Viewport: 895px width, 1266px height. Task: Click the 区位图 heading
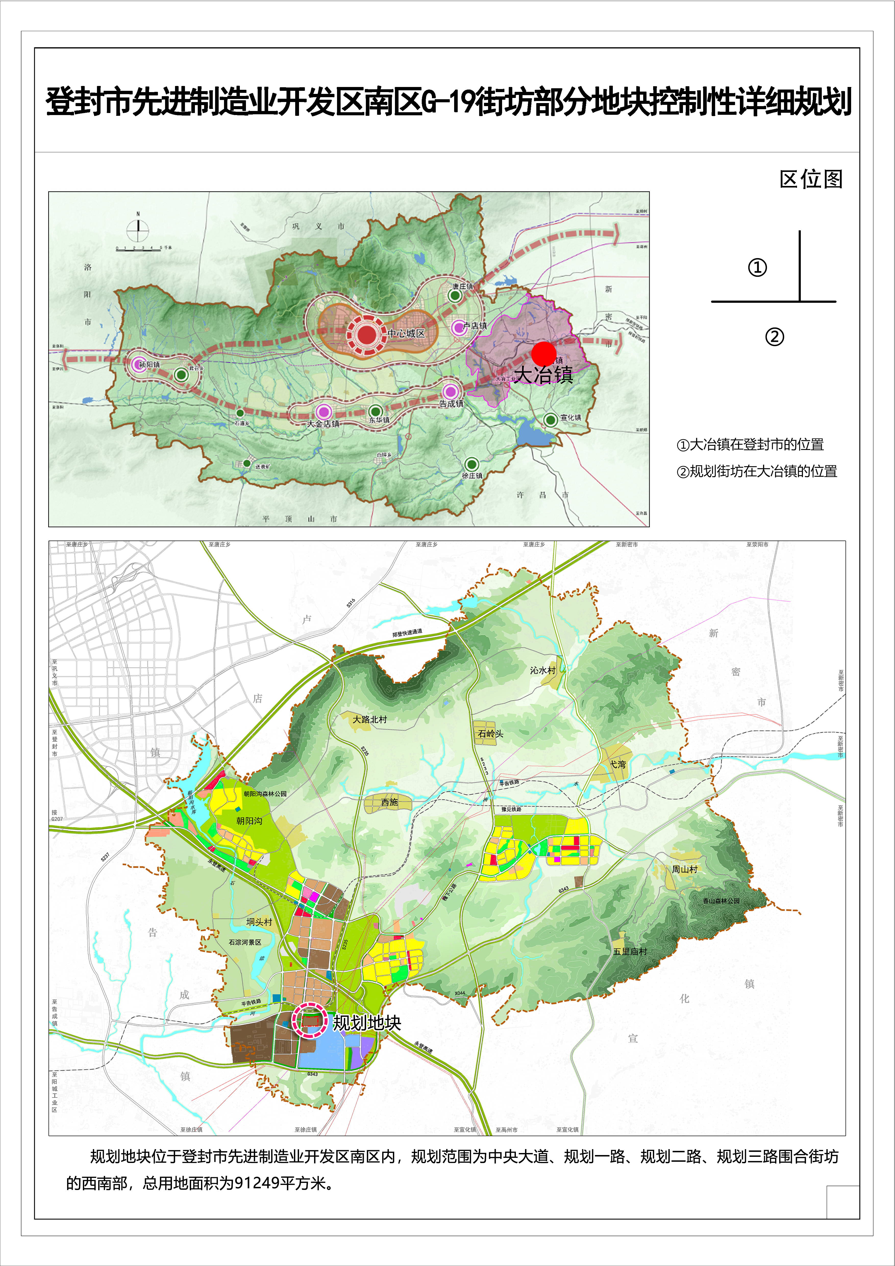tap(811, 179)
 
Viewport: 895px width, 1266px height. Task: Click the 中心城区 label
tap(406, 334)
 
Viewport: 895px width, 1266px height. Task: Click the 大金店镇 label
tap(323, 423)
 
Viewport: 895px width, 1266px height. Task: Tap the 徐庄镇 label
tap(472, 475)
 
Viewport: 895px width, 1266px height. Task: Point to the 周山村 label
tap(684, 869)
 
